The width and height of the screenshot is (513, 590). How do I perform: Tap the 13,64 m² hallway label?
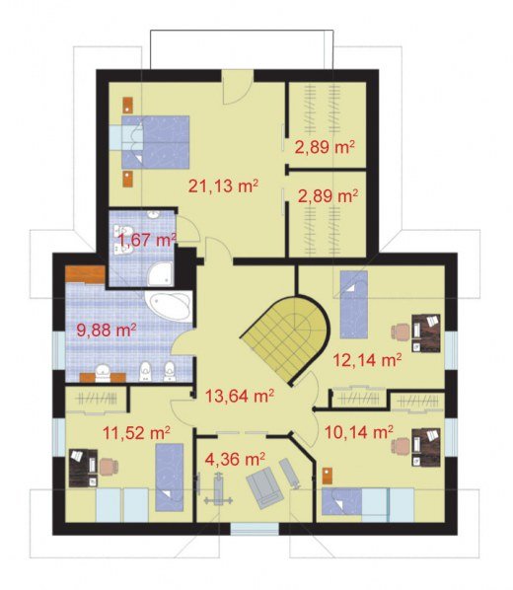239,396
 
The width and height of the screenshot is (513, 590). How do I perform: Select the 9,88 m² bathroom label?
107,331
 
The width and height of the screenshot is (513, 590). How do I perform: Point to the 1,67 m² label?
147,240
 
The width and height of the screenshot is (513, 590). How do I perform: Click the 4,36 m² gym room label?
235,459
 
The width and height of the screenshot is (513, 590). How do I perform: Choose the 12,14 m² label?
367,360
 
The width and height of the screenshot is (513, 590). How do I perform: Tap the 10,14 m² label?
359,432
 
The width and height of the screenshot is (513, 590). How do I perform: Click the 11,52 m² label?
136,433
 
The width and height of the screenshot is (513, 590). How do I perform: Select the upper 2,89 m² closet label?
325,147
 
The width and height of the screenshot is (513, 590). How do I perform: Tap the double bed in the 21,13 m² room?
155,142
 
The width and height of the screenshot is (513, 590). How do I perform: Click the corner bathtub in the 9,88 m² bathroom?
169,306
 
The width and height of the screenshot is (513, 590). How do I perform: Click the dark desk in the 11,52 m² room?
83,468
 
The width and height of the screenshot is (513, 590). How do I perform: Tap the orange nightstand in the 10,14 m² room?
328,476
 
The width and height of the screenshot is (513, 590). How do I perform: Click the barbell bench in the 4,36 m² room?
218,489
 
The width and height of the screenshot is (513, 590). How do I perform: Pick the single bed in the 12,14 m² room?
354,305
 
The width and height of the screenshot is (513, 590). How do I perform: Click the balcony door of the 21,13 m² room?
237,87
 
